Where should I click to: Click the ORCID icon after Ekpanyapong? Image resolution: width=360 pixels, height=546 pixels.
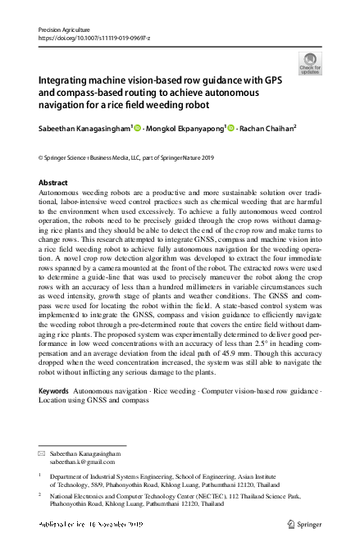tap(230, 127)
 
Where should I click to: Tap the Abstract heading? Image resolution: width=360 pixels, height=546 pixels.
tap(53, 181)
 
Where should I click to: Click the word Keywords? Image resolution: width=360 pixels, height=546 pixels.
tap(54, 391)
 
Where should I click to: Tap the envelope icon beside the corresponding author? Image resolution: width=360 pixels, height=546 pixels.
tap(43, 453)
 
